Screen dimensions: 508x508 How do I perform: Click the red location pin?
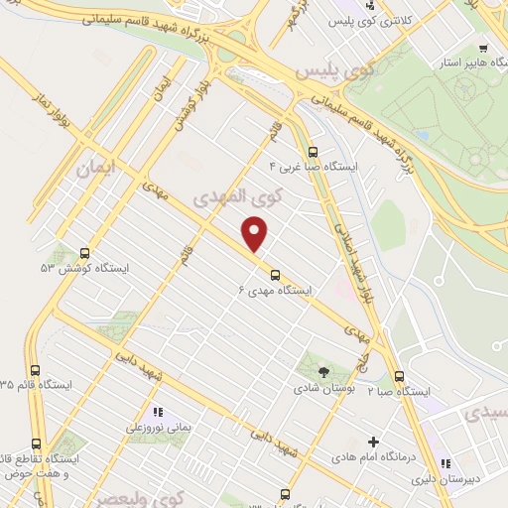(256, 235)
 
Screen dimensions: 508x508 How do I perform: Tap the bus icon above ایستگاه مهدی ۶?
(275, 275)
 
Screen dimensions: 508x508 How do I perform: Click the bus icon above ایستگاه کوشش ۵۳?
(83, 253)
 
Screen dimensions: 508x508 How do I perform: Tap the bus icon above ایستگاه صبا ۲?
(399, 377)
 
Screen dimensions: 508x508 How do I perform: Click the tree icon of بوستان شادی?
(323, 371)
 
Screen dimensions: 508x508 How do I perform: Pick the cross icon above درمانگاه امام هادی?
(373, 442)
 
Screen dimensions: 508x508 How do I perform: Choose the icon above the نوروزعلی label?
(156, 412)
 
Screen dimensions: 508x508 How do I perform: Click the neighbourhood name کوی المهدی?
(234, 196)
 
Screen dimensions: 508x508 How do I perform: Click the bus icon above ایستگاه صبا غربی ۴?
(314, 152)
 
